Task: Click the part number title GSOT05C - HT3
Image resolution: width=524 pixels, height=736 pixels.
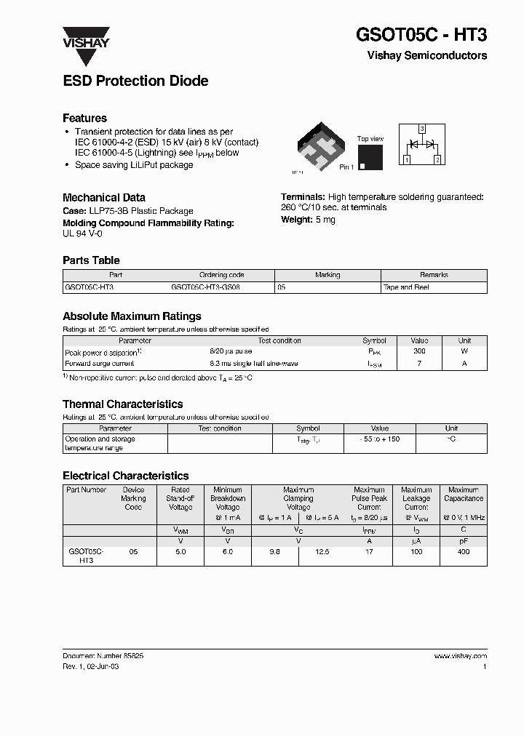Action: click(421, 35)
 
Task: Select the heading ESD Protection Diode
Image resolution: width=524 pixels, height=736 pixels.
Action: click(135, 81)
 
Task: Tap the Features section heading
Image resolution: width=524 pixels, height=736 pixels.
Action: click(84, 118)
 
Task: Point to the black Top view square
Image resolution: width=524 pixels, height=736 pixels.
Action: click(370, 157)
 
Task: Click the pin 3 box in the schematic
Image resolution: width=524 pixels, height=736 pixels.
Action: click(421, 128)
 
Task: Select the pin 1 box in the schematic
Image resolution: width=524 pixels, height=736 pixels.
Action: click(407, 159)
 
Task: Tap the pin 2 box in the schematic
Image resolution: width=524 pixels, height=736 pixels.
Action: click(437, 159)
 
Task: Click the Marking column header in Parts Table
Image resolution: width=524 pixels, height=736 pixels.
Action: click(327, 275)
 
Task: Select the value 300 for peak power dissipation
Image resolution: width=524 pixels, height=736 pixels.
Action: click(419, 351)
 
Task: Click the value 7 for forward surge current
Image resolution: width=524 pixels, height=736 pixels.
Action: click(419, 363)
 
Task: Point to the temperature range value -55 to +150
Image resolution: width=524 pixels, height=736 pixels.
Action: click(380, 439)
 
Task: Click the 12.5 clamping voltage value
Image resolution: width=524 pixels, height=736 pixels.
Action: click(322, 552)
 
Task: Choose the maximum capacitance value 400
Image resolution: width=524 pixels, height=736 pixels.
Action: click(464, 552)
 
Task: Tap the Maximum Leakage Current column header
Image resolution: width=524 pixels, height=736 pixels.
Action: click(416, 498)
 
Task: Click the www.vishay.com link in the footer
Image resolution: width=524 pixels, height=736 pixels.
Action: click(460, 655)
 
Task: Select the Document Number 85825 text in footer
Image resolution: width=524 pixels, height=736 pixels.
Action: click(103, 655)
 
